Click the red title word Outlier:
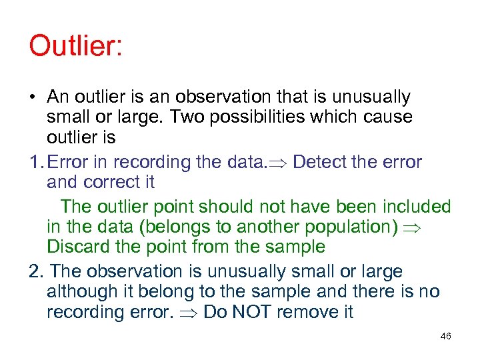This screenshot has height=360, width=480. (x=75, y=47)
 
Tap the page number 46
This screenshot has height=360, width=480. (x=446, y=336)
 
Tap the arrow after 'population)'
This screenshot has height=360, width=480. (x=415, y=227)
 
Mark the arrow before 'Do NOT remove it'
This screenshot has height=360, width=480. (x=191, y=312)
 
